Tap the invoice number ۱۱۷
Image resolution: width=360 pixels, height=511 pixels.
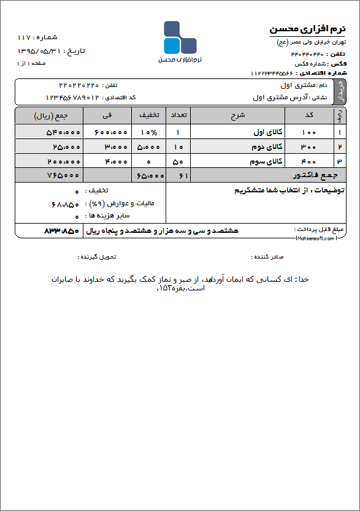tap(24, 38)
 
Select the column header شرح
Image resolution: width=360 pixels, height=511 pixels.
tap(237, 115)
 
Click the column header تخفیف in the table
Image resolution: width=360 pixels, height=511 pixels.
tap(148, 115)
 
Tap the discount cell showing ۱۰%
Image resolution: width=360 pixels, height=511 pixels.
tap(148, 132)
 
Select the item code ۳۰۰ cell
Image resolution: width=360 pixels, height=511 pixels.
tap(309, 147)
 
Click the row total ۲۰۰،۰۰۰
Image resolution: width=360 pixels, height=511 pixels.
tap(63, 162)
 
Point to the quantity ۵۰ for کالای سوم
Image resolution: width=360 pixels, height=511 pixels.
tap(178, 162)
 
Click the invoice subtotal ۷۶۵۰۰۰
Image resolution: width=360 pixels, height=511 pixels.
tap(63, 175)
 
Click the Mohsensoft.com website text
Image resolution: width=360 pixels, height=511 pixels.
tap(316, 238)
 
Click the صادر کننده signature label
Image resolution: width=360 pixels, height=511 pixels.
tap(269, 256)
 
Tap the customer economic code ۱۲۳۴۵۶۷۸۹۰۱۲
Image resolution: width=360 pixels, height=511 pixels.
tap(72, 97)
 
